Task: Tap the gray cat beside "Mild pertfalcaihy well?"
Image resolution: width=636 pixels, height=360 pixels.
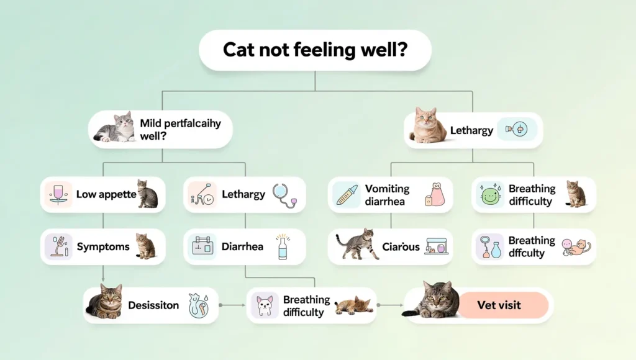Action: (x=116, y=128)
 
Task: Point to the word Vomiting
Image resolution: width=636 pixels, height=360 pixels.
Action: (x=387, y=189)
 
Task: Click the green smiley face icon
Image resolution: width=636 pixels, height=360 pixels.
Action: (x=490, y=195)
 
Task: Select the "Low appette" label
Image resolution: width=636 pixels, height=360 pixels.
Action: (x=106, y=194)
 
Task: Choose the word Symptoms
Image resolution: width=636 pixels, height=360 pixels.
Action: (x=103, y=247)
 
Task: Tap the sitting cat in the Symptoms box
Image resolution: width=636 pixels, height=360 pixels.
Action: (x=146, y=246)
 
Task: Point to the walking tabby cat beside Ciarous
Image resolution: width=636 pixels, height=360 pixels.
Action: (x=357, y=244)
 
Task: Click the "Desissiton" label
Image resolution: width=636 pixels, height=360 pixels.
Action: (x=153, y=305)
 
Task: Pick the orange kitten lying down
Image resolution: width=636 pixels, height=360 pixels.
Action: (x=354, y=305)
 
